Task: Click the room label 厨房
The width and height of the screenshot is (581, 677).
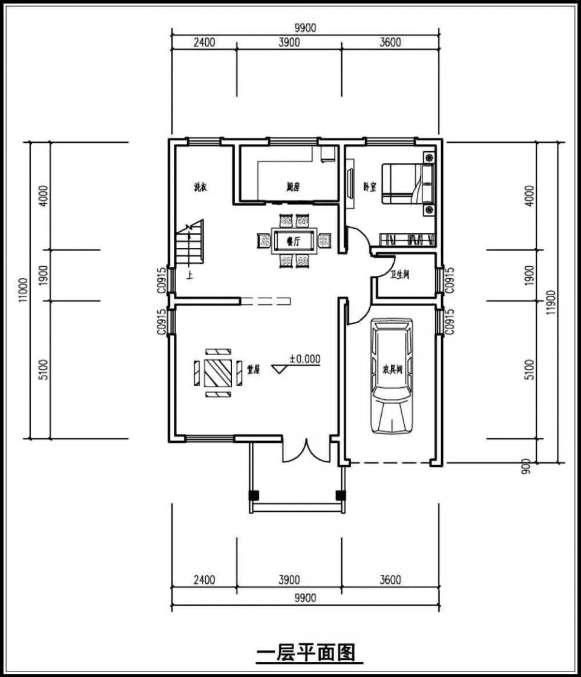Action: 294,188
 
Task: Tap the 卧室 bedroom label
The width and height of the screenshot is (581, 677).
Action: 369,186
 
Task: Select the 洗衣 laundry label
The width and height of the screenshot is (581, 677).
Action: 200,188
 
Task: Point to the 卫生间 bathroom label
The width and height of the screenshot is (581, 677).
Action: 400,275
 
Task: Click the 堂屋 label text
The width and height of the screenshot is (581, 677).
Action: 253,369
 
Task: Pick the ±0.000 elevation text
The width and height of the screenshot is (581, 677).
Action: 304,358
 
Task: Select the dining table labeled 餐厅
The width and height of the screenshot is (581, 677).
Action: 294,241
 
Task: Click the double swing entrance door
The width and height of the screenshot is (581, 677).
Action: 306,451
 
